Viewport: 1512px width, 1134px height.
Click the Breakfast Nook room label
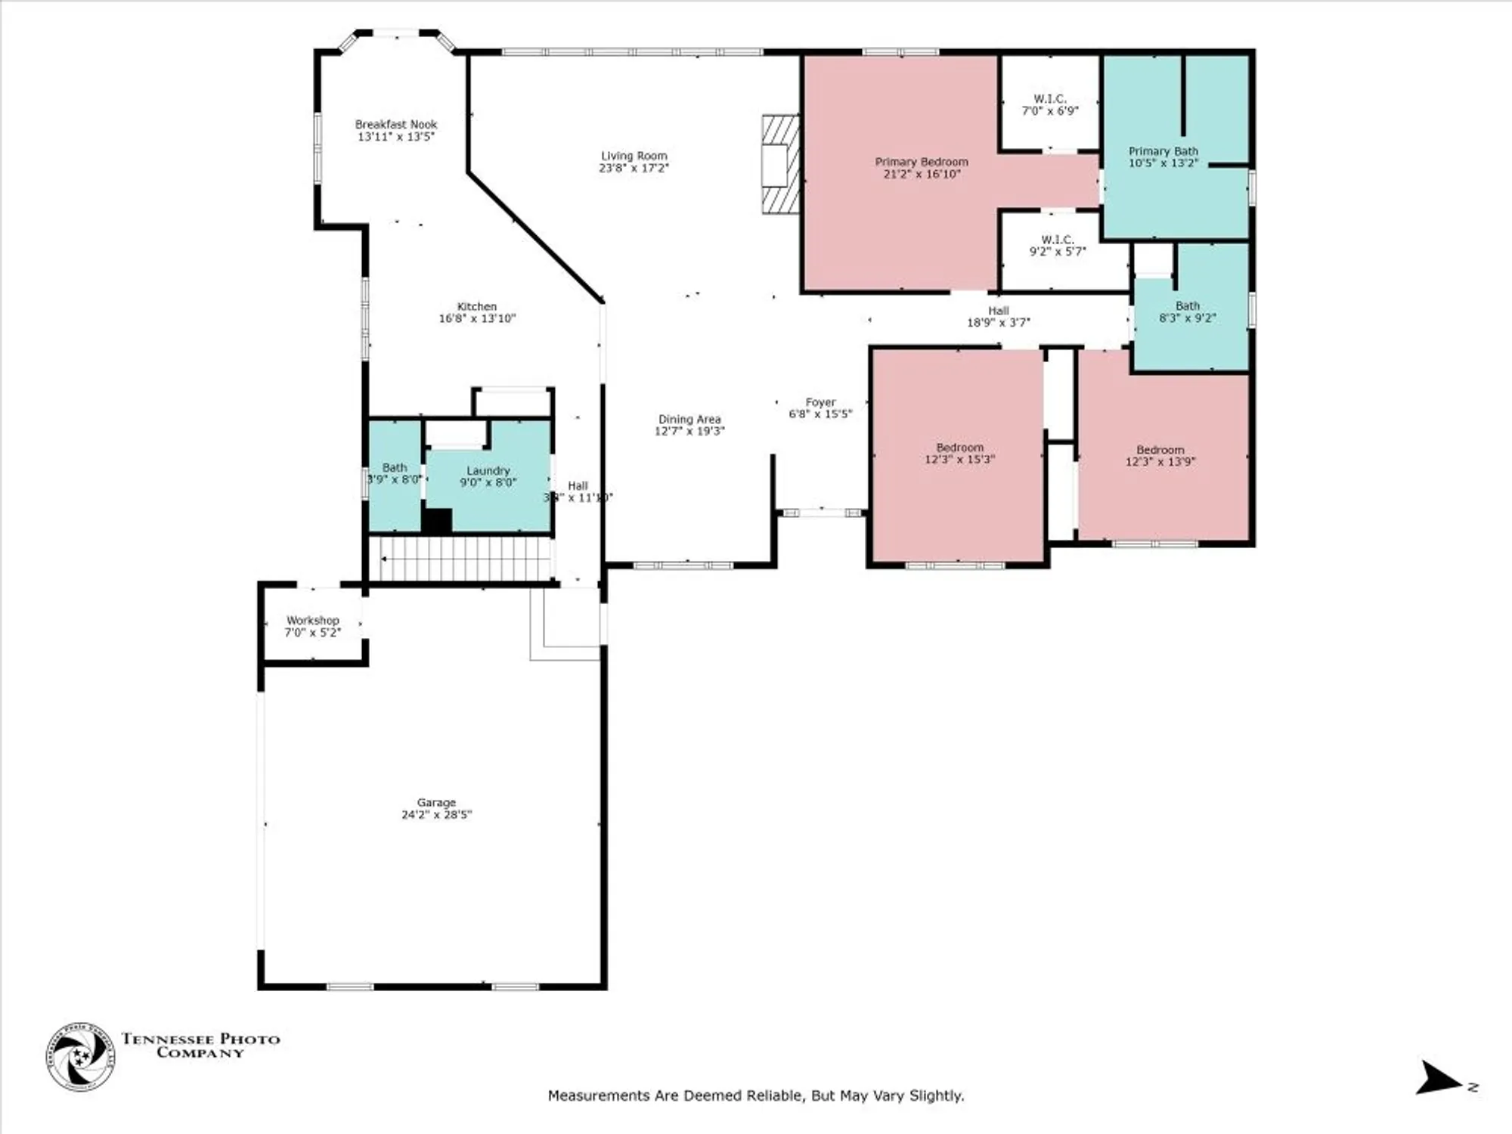coord(396,125)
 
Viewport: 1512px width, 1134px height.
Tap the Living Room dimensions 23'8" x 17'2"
coord(634,168)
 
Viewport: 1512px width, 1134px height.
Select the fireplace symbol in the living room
coord(779,163)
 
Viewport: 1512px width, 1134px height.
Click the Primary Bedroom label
coord(921,163)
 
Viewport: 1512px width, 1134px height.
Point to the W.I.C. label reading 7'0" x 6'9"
coord(1050,105)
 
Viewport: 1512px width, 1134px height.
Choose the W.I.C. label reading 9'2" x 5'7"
coord(1057,246)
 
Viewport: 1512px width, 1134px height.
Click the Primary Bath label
coord(1163,152)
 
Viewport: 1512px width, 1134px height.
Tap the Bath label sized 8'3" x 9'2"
coord(1187,312)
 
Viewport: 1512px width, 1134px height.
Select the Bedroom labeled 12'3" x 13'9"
coord(1160,456)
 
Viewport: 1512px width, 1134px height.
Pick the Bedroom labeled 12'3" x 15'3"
coord(959,454)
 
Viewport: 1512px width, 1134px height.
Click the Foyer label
coord(820,403)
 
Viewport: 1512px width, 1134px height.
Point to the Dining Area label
coord(689,420)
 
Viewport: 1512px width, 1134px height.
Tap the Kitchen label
coord(476,307)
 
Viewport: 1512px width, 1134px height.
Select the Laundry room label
coord(488,471)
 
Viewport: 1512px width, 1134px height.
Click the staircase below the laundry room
coord(465,559)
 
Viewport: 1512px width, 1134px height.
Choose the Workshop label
coord(312,621)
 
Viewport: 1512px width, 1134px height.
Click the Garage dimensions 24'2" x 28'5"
coord(436,815)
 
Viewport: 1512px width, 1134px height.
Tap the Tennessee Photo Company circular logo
coord(80,1057)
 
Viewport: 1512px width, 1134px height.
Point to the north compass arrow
coord(1440,1078)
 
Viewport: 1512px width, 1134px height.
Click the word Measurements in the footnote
coord(598,1095)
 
